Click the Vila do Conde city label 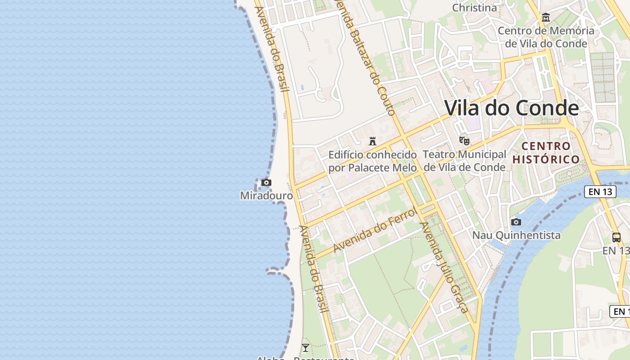tap(512, 108)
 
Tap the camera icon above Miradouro tap(266, 183)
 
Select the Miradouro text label tap(266, 196)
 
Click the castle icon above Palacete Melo tap(373, 141)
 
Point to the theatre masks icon tap(464, 141)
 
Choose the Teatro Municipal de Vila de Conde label tap(464, 161)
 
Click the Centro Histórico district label tap(546, 153)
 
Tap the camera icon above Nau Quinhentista tap(516, 222)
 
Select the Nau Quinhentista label tap(516, 235)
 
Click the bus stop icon tap(616, 238)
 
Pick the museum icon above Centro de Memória tap(546, 18)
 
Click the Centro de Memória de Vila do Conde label tap(546, 37)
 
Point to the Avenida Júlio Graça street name tap(444, 266)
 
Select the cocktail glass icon tap(306, 348)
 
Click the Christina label tap(474, 8)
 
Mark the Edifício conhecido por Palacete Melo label tap(373, 161)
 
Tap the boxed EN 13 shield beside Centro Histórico tap(600, 192)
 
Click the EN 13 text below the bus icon tap(616, 251)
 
